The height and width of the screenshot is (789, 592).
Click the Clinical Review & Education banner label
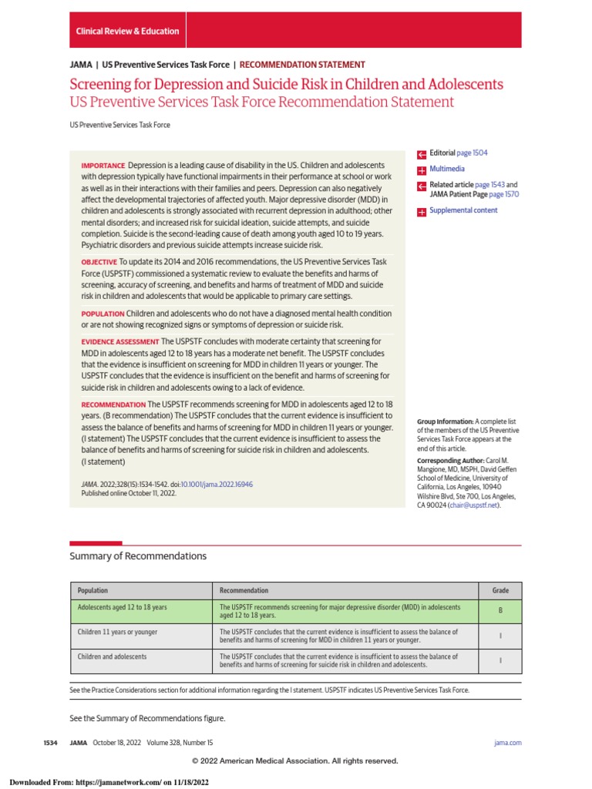pyautogui.click(x=127, y=32)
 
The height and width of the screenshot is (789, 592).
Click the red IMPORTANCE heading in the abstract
pyautogui.click(x=103, y=166)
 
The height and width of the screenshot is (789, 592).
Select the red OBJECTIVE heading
pyautogui.click(x=99, y=263)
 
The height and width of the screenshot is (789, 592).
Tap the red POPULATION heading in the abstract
pyautogui.click(x=103, y=314)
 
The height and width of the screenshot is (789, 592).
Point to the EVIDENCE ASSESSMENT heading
pyautogui.click(x=119, y=341)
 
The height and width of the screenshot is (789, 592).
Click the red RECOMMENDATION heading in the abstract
pyautogui.click(x=113, y=405)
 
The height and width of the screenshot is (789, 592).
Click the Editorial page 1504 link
pyautogui.click(x=475, y=153)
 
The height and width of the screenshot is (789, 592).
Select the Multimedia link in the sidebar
pyautogui.click(x=447, y=169)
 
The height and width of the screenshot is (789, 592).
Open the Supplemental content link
pyautogui.click(x=463, y=210)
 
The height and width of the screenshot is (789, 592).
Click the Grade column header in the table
pyautogui.click(x=500, y=590)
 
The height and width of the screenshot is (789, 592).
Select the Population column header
pyautogui.click(x=93, y=590)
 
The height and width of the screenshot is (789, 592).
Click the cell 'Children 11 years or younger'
pyautogui.click(x=117, y=632)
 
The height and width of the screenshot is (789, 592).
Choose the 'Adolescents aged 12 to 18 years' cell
pyautogui.click(x=122, y=607)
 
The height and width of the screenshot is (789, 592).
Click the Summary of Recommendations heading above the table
pyautogui.click(x=138, y=556)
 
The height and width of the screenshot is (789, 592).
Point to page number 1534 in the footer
pyautogui.click(x=50, y=743)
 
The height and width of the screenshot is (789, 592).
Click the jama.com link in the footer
pyautogui.click(x=507, y=743)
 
